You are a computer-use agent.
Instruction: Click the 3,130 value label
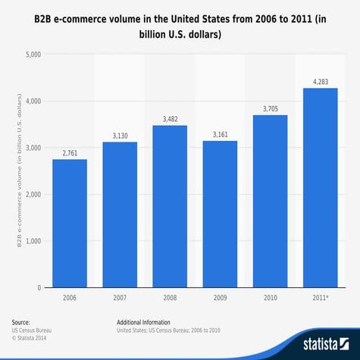coord(120,136)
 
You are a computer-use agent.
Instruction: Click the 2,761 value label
coord(70,152)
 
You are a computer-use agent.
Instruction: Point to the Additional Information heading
coord(143,323)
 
